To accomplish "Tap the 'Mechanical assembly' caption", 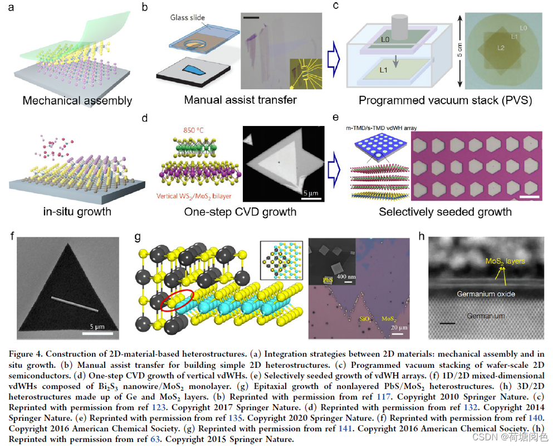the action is coord(77,101).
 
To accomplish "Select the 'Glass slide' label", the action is coord(189,17).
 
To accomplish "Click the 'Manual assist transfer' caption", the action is coord(241,100).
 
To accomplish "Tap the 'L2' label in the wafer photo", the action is coord(501,49).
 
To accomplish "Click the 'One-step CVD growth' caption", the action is coord(240,212).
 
